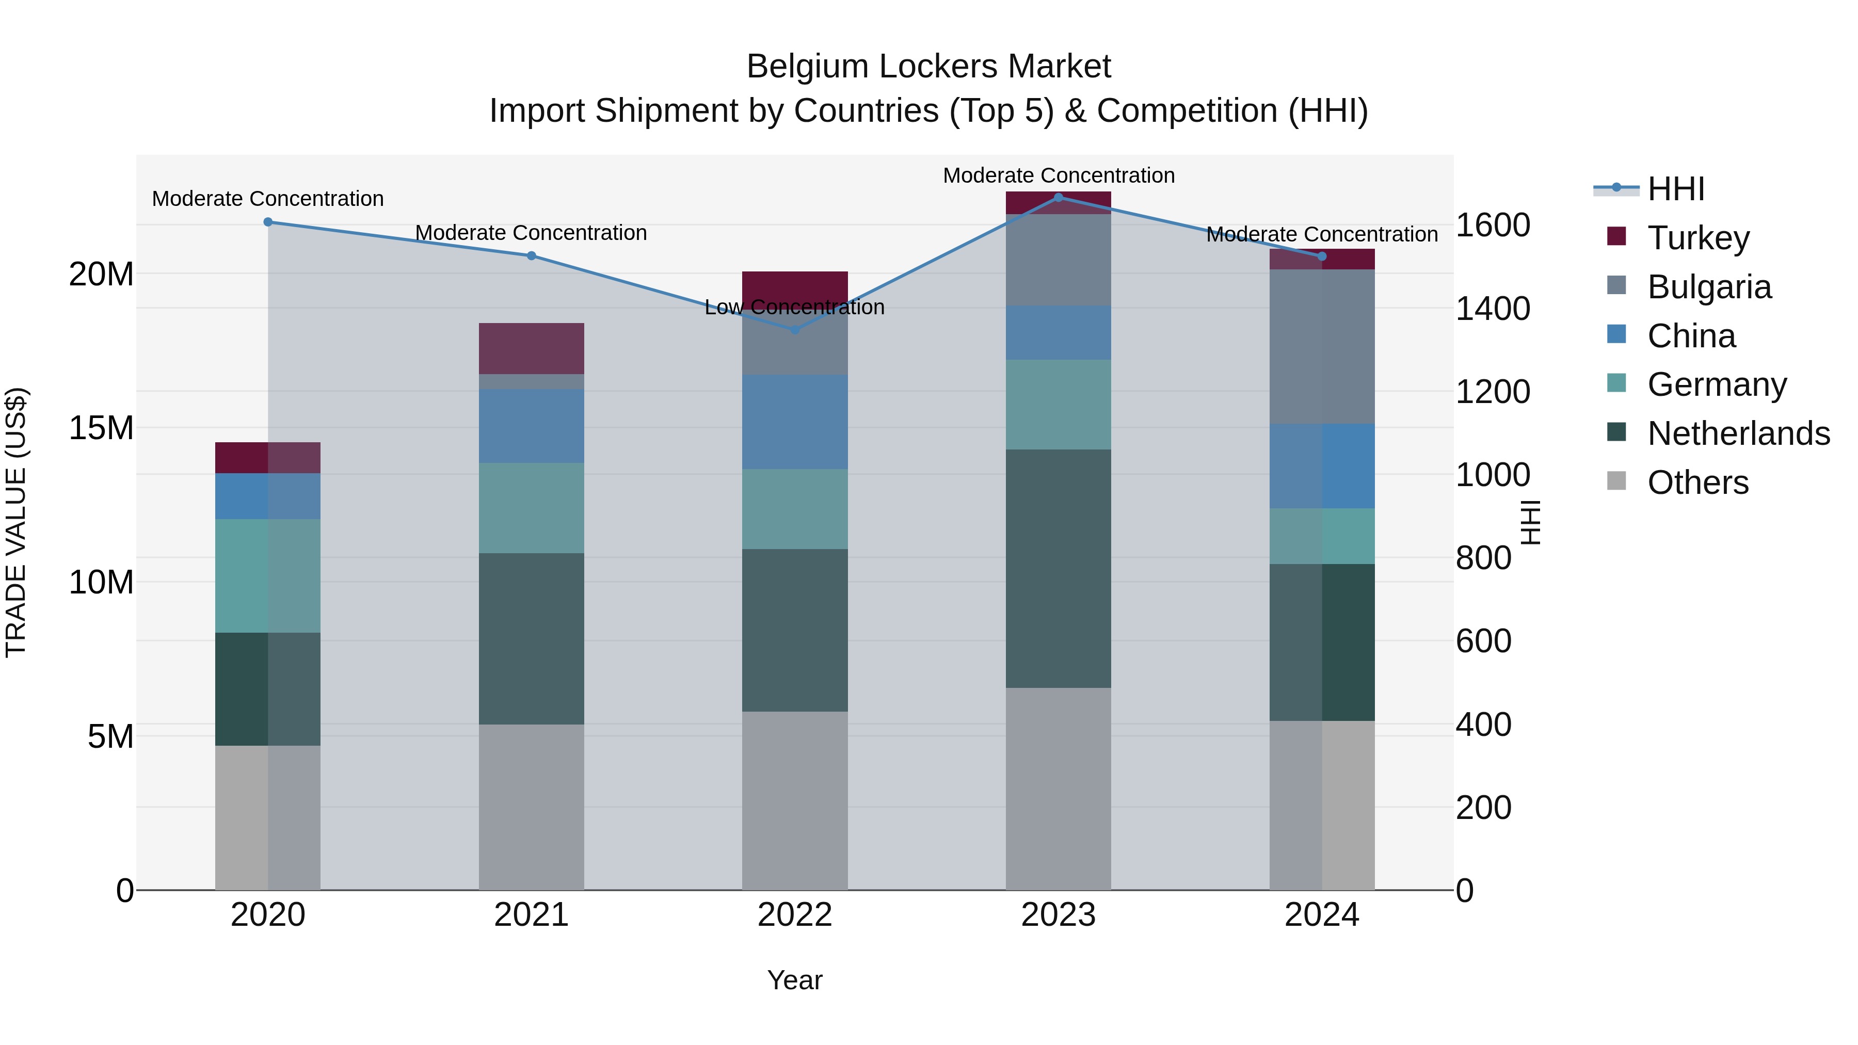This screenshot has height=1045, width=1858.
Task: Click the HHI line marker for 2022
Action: click(795, 330)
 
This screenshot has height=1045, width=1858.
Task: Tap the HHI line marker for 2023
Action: click(1058, 198)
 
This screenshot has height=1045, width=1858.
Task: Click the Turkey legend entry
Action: click(1698, 238)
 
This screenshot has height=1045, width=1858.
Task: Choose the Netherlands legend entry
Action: click(1738, 433)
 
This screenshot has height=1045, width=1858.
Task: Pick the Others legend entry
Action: click(1698, 483)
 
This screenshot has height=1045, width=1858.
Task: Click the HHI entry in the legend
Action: click(1675, 189)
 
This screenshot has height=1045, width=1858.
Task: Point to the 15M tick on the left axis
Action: click(101, 428)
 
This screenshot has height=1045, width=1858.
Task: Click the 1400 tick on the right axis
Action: click(1492, 309)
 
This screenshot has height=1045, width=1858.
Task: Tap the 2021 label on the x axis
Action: click(531, 915)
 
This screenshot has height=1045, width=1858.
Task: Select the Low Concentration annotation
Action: click(794, 307)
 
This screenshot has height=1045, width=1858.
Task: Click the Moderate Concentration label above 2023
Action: click(1058, 175)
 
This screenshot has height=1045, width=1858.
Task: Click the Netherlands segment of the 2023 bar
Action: click(1058, 568)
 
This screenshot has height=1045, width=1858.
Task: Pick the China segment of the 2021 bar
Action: click(531, 426)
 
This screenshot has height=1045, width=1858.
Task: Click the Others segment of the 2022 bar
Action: click(795, 800)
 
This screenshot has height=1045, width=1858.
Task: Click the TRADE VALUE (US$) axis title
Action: click(16, 522)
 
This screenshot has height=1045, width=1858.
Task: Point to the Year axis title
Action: click(794, 980)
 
